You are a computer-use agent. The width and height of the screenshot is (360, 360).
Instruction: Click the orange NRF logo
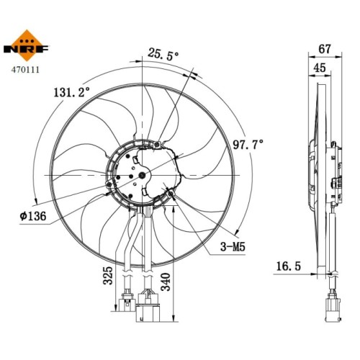26,45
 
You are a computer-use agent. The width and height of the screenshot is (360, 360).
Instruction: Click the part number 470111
25,70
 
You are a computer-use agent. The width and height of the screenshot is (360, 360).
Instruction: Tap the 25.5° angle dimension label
163,54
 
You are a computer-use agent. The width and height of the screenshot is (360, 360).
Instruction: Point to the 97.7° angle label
248,145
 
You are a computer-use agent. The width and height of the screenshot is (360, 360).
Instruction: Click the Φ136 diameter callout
33,216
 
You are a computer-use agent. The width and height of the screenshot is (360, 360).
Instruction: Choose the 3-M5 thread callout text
233,246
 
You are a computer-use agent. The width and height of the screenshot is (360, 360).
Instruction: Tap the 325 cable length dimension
108,275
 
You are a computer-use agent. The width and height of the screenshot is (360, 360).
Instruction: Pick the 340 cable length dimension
166,282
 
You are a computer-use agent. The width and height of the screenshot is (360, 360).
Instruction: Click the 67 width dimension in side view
325,49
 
